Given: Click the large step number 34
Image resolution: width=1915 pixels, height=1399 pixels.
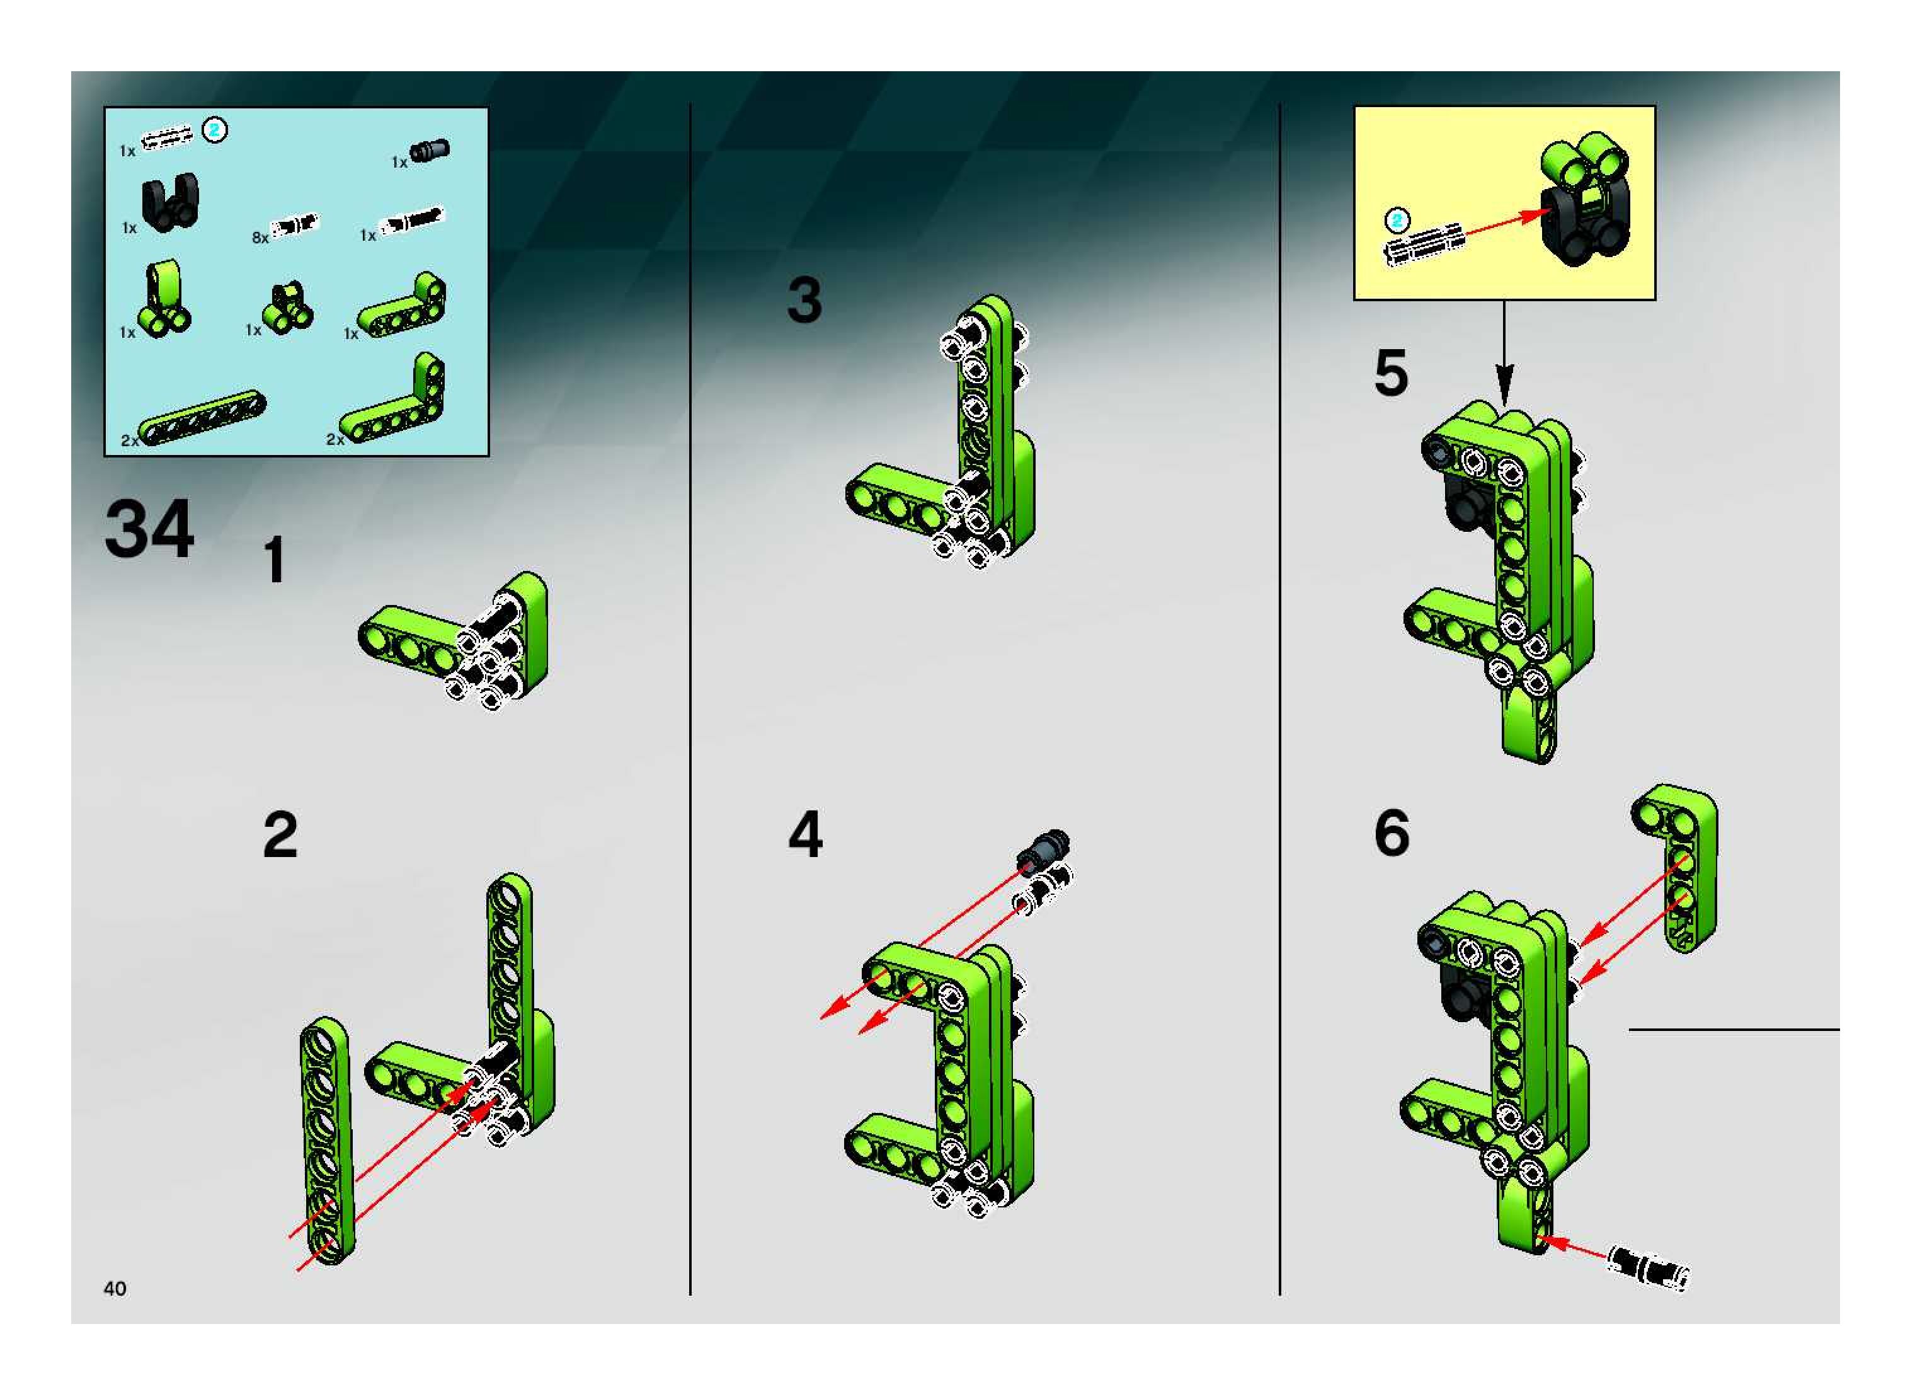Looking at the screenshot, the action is [149, 529].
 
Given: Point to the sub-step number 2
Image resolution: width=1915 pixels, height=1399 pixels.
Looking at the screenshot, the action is [280, 835].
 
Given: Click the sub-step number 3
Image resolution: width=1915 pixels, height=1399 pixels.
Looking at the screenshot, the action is [804, 301].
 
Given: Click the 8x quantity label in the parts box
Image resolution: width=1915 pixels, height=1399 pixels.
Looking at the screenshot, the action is [260, 238].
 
